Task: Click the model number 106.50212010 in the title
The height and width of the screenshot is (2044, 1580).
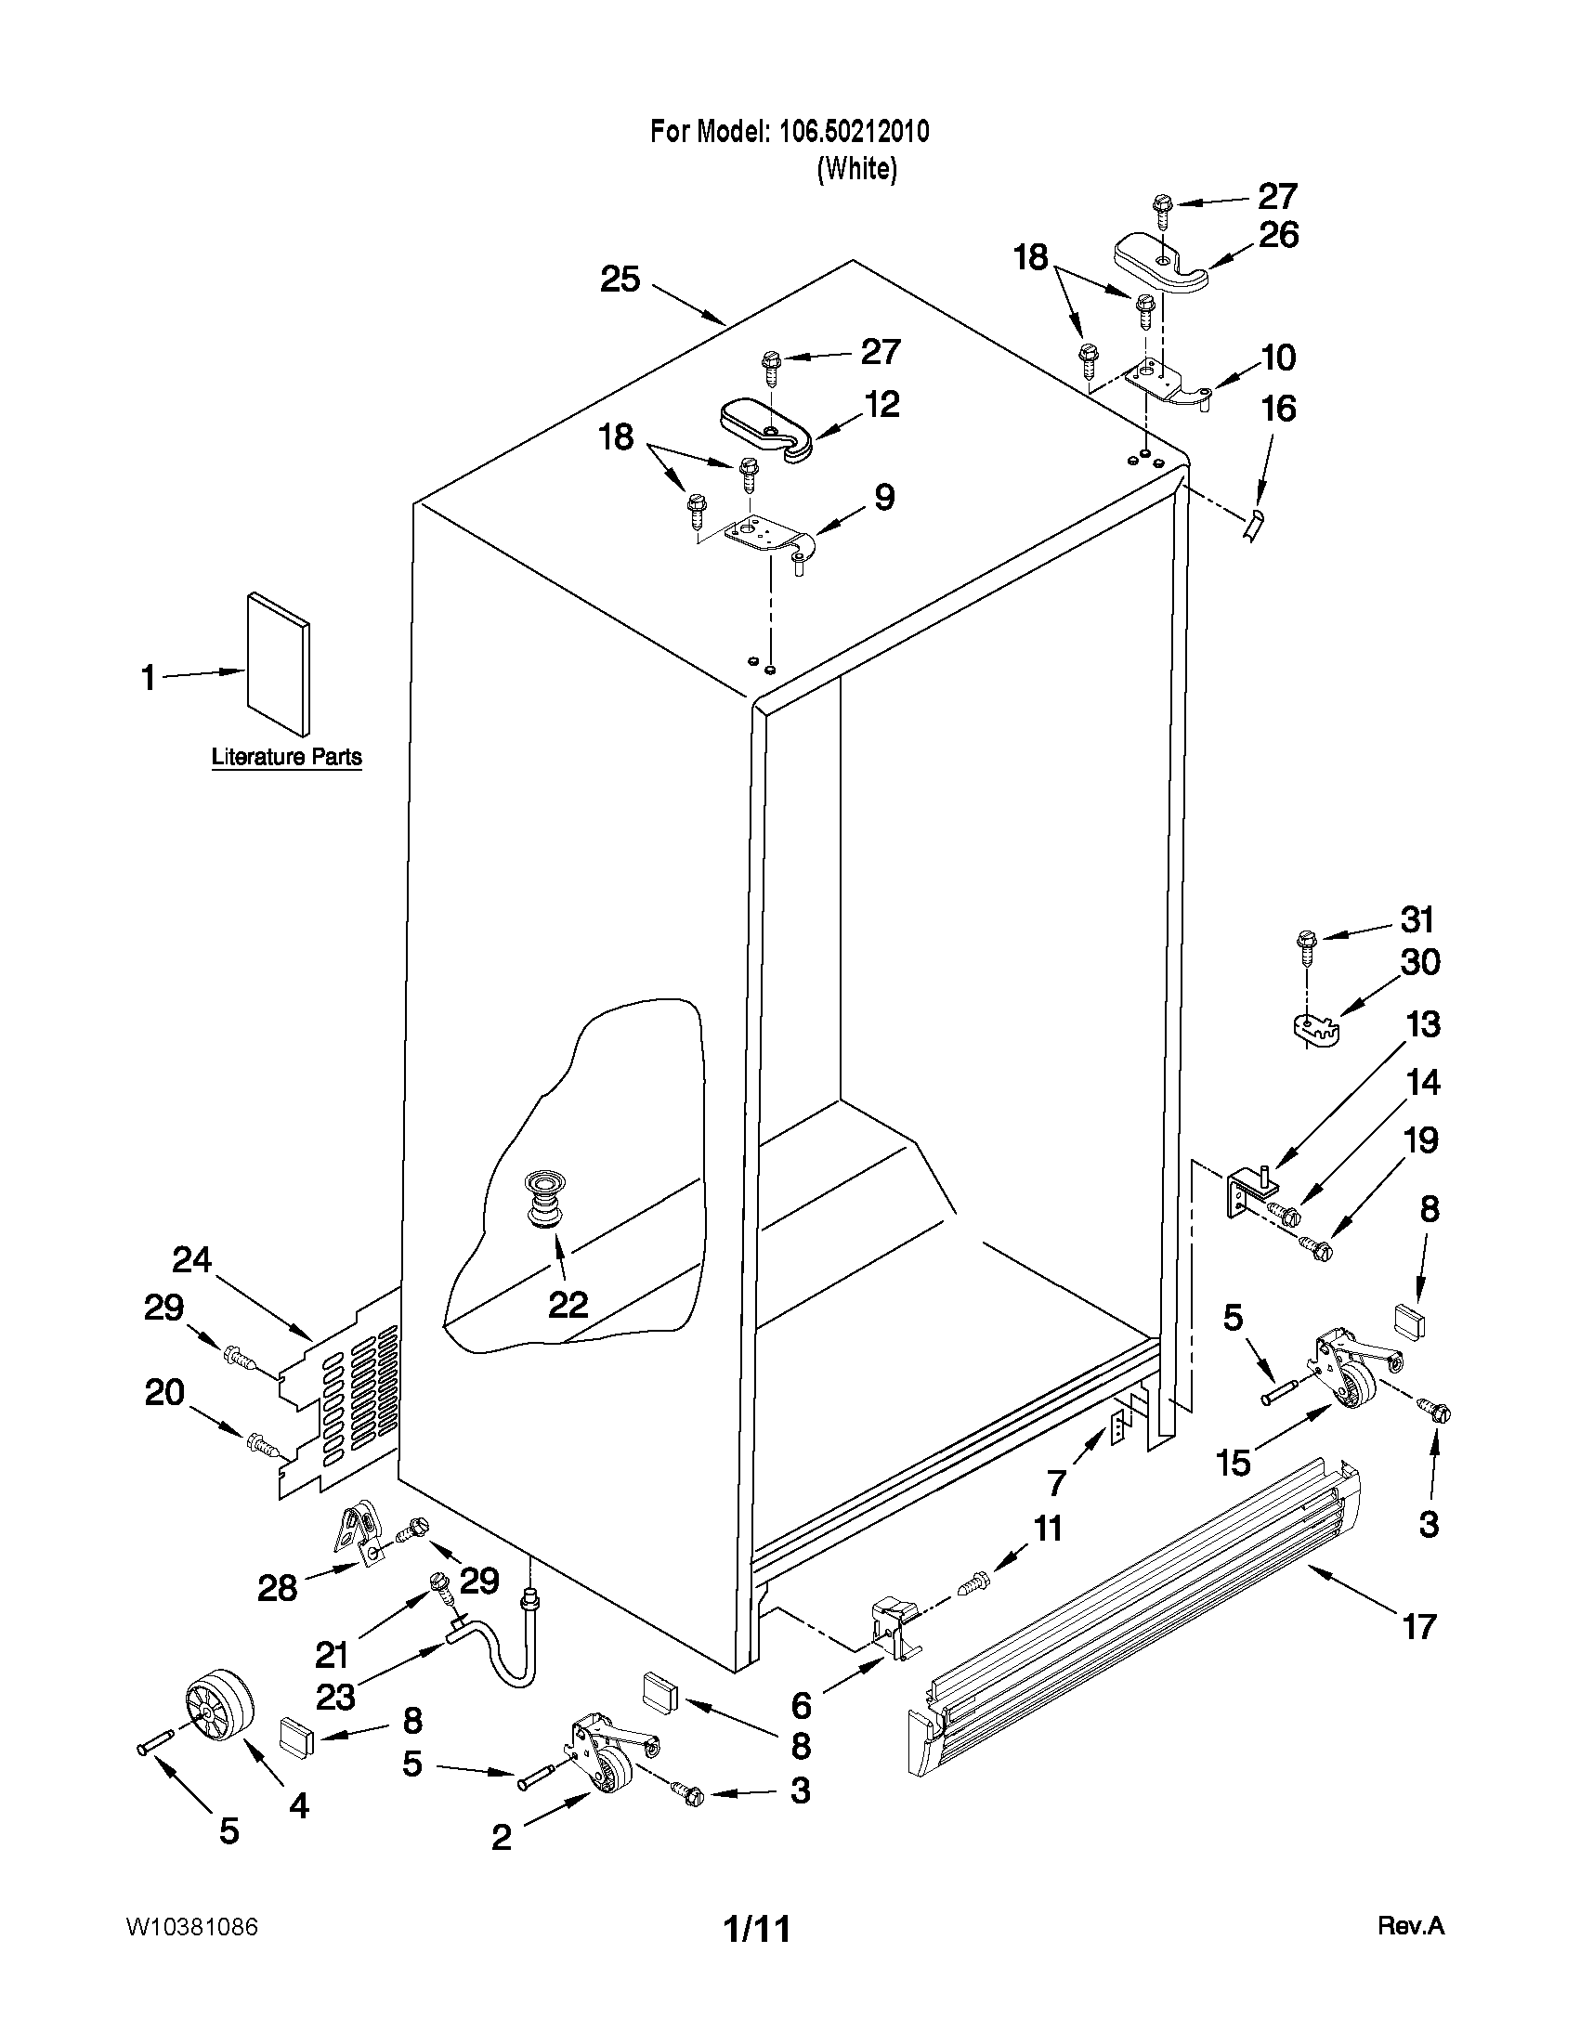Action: coord(854,132)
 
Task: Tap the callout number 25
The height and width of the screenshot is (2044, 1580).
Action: coord(620,279)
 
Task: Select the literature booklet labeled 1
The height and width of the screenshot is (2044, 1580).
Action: coord(278,665)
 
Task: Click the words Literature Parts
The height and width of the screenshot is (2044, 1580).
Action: coord(286,756)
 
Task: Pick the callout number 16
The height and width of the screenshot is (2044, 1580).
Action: coord(1279,408)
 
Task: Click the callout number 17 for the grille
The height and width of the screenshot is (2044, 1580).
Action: coord(1419,1627)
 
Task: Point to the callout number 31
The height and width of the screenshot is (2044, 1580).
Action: coord(1417,920)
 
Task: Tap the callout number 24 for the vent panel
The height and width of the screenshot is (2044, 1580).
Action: coord(192,1261)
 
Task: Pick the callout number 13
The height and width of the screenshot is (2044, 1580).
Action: coord(1424,1024)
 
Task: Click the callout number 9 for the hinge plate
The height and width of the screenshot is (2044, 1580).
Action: coord(883,497)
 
